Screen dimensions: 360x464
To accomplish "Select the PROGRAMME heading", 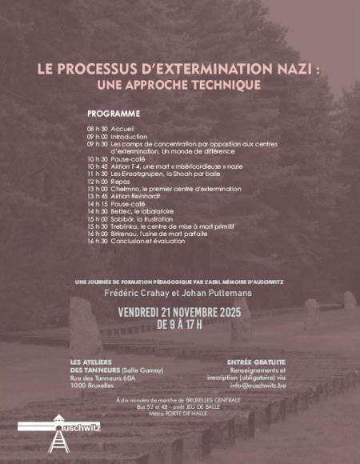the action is click(114, 114).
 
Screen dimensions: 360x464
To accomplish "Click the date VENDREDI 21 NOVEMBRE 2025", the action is click(179, 311).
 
